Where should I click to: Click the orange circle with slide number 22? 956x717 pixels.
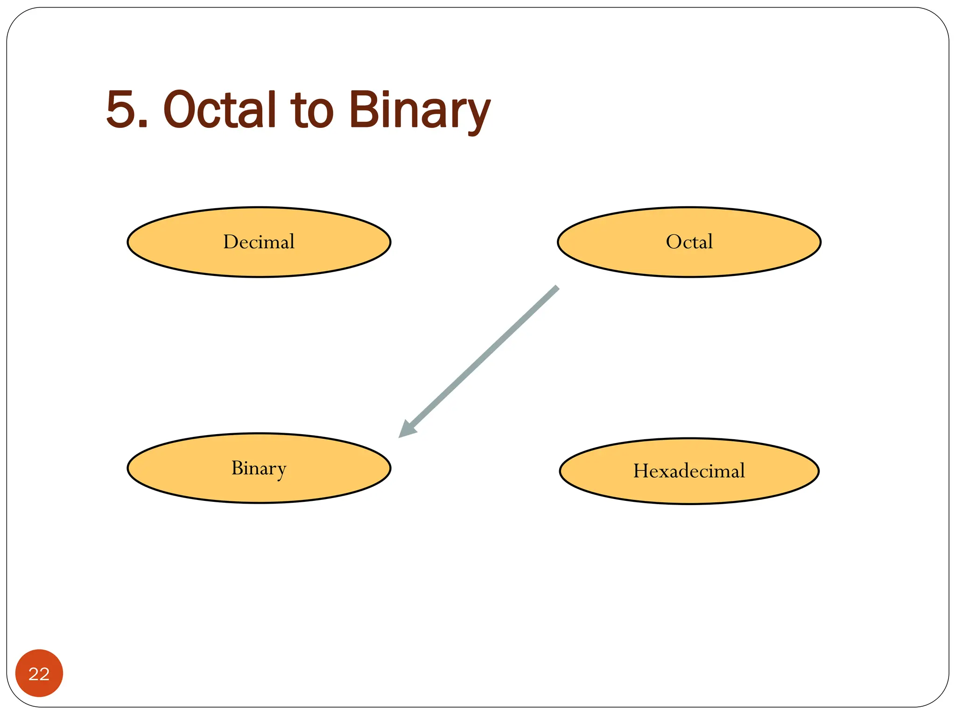click(x=39, y=673)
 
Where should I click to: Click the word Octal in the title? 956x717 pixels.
click(x=219, y=110)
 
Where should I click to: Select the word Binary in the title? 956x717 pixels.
click(x=419, y=110)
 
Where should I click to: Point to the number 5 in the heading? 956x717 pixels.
click(x=121, y=110)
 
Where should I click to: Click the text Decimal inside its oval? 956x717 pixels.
click(x=259, y=242)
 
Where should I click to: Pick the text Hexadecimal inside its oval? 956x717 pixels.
click(x=689, y=471)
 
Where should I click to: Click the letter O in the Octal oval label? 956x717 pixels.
click(x=673, y=242)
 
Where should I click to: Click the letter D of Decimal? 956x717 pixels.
click(x=231, y=242)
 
